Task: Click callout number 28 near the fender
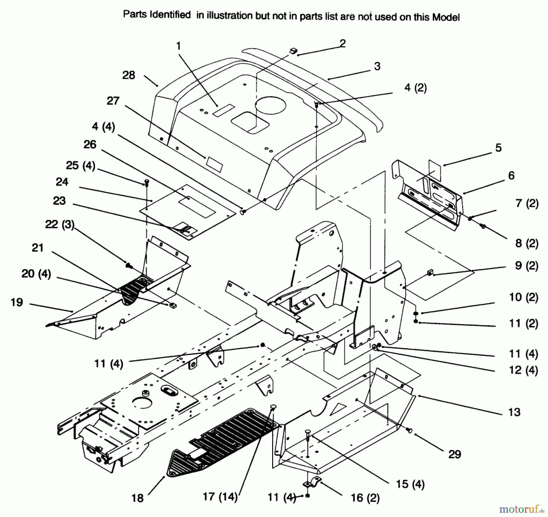click(128, 75)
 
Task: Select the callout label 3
click(377, 66)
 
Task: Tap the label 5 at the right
click(498, 148)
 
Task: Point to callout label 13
click(514, 412)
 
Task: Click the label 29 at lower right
click(455, 454)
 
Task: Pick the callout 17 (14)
click(220, 497)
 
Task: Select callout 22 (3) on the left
click(60, 224)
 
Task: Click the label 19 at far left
click(17, 302)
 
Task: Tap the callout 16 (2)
click(365, 498)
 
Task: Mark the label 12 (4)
click(523, 370)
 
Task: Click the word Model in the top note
click(446, 17)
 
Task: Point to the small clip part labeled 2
click(293, 51)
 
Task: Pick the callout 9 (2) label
click(526, 266)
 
